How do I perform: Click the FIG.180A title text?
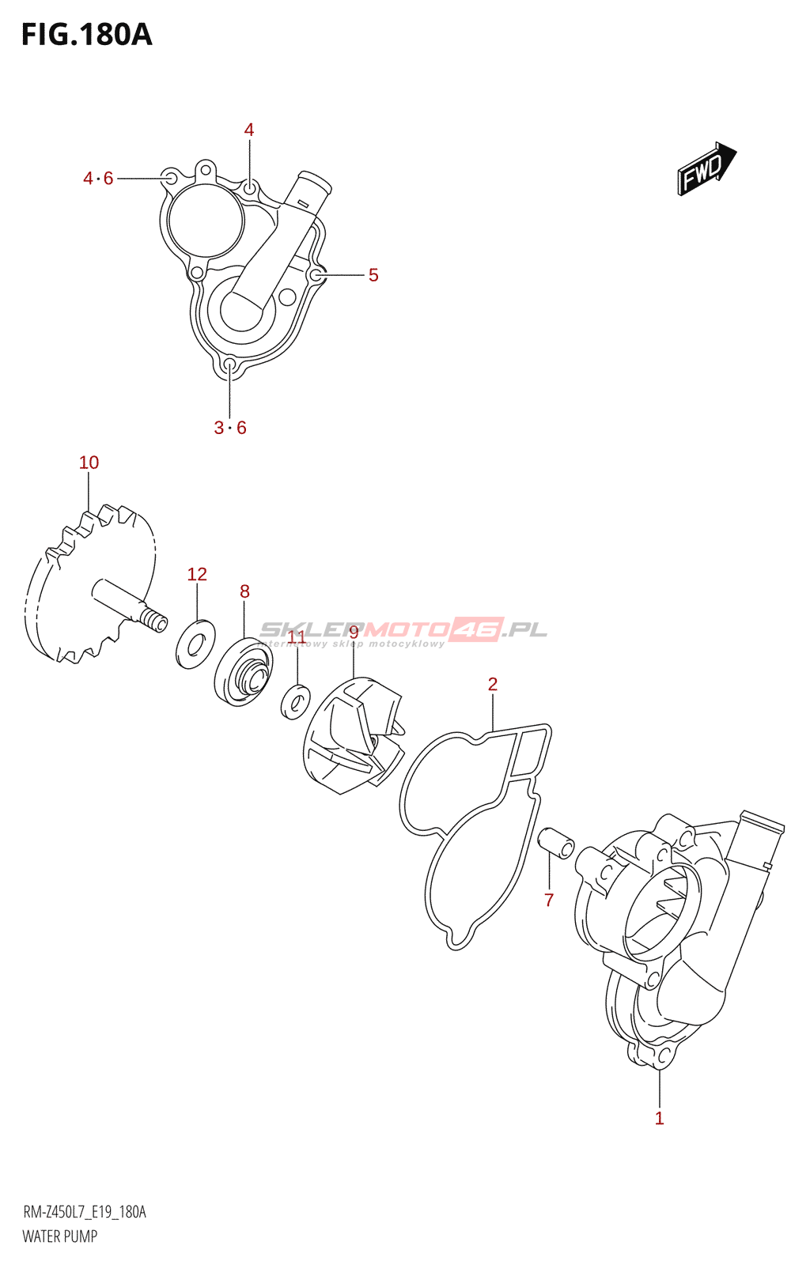(86, 35)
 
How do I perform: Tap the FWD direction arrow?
(706, 168)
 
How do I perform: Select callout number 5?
(373, 275)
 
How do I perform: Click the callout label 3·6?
(230, 428)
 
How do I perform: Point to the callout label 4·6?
(98, 179)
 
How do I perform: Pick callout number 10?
(89, 463)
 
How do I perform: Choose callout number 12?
(197, 574)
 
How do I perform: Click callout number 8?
(244, 591)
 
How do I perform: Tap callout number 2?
(493, 684)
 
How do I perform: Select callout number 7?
(549, 900)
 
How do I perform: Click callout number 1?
(659, 1118)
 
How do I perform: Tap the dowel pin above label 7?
(556, 843)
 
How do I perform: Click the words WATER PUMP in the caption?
(60, 1236)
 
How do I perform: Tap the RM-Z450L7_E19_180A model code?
(85, 1212)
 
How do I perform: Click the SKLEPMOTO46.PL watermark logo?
(403, 630)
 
